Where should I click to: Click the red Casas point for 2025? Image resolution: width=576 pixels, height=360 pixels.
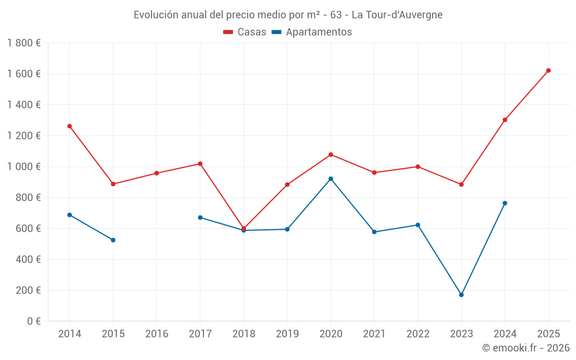pos(548,70)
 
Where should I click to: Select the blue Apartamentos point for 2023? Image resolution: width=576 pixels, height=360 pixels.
pos(461,295)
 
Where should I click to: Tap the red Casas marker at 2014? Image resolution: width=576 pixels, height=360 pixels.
pos(70,126)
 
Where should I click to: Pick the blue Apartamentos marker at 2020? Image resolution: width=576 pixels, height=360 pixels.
pos(331,179)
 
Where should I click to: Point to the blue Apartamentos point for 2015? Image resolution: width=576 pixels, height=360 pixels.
pos(113,240)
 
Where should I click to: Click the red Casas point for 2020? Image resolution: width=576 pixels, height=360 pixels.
pos(331,154)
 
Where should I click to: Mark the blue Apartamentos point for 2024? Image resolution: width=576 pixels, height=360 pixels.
pos(505,203)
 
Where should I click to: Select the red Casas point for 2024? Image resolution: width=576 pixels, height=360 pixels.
pos(505,120)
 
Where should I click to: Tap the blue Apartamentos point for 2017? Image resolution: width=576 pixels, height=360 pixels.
pos(200,217)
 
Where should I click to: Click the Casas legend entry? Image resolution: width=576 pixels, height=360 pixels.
pos(245,32)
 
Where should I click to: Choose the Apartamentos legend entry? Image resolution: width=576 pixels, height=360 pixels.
pos(312,32)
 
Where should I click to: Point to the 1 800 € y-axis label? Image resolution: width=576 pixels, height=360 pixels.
pos(24,43)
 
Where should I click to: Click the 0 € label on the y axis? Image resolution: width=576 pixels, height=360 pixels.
pos(32,321)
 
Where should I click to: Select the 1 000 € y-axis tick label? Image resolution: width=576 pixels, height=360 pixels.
pos(24,166)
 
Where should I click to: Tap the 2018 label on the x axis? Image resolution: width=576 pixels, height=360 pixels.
pos(244,334)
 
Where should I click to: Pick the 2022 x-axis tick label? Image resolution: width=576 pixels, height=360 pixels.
pos(418,334)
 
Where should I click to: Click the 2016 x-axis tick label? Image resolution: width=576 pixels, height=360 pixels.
pos(157,334)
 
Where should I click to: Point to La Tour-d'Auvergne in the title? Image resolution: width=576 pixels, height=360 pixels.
pos(397,14)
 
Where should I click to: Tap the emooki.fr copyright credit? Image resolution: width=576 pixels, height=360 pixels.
pos(526,348)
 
